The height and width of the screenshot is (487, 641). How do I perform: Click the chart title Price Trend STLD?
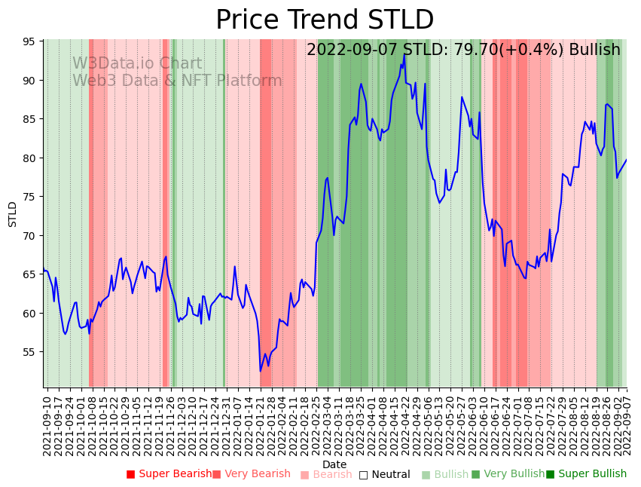325,20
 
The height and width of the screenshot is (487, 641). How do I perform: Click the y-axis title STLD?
13,214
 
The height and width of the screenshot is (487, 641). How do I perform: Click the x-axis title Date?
334,464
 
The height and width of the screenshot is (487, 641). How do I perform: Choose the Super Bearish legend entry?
169,474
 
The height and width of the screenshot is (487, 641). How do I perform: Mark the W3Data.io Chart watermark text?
137,64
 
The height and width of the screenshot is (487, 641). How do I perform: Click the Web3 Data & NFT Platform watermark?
177,81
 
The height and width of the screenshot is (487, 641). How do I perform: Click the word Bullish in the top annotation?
594,50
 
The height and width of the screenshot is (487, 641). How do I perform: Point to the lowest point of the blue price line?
261,371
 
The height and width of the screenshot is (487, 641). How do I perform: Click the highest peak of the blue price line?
404,54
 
